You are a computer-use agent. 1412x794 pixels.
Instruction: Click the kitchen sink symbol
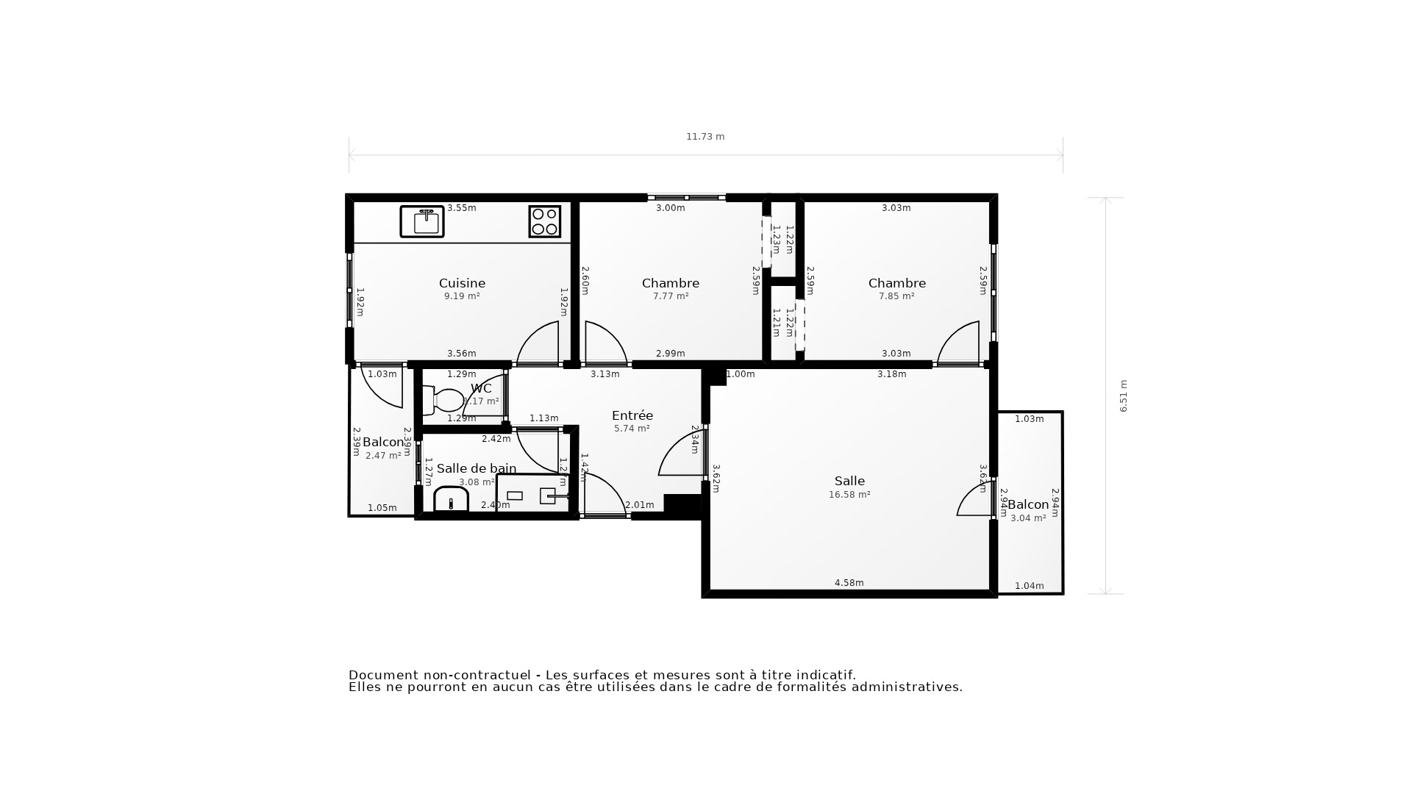tap(422, 221)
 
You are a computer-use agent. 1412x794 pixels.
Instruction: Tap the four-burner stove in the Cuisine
tap(545, 221)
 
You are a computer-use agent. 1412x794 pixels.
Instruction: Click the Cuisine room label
tap(462, 283)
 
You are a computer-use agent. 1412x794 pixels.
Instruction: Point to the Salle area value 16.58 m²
tap(849, 495)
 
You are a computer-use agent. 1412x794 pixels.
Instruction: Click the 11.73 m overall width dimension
tap(705, 137)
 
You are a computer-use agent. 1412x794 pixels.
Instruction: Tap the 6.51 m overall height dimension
tap(1123, 396)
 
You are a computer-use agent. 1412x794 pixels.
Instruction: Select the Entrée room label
tap(632, 415)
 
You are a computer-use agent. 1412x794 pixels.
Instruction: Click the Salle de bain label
tap(477, 468)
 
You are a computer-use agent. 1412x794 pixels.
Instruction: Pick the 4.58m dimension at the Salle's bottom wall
tap(849, 583)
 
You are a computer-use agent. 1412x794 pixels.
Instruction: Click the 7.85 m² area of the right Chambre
tap(896, 296)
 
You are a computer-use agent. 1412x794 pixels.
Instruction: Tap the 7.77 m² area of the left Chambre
tap(671, 296)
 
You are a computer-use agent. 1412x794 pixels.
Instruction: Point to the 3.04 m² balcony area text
tap(1028, 518)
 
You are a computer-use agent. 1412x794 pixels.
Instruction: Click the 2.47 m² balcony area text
tap(383, 456)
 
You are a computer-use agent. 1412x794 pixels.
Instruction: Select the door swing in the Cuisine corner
tap(539, 344)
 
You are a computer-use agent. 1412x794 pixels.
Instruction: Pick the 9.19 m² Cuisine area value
tap(462, 296)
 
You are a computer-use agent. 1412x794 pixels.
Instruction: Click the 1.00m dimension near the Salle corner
tap(741, 374)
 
